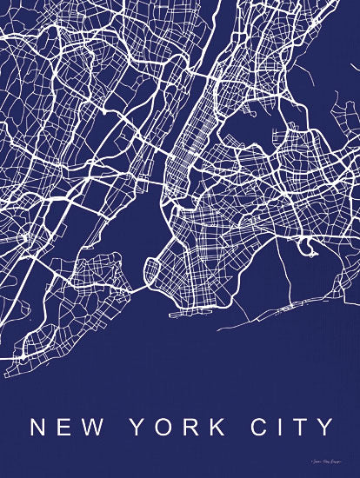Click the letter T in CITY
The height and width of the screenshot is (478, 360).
pos(301,428)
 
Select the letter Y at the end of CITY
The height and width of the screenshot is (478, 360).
pos(325,428)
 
